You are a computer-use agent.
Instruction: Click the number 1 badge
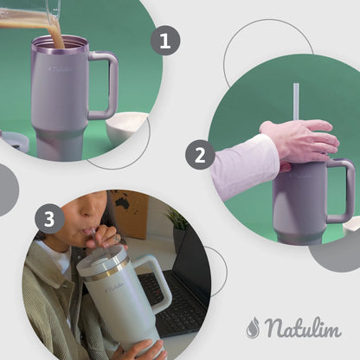click(x=165, y=41)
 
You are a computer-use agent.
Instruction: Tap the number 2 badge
click(x=200, y=155)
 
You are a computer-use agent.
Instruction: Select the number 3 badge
click(x=49, y=218)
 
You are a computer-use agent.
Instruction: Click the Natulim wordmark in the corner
click(x=304, y=327)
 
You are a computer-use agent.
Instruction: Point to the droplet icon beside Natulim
click(x=254, y=327)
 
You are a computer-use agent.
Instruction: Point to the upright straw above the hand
click(x=296, y=102)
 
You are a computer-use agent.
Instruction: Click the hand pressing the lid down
click(x=300, y=141)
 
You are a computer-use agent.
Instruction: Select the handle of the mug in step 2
click(x=343, y=190)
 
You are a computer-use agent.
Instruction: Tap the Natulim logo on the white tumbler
click(x=114, y=288)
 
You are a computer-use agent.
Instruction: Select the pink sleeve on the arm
click(x=245, y=167)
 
